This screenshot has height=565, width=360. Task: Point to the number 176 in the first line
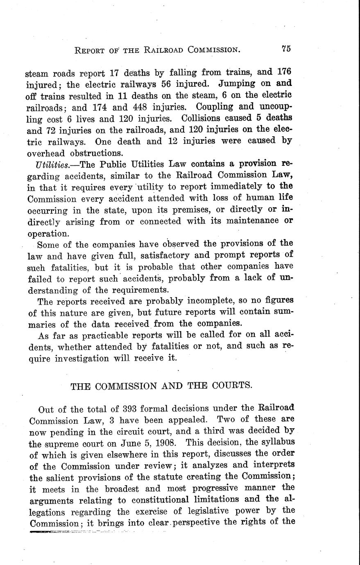tap(284, 72)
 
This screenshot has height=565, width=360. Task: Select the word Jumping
tap(239, 84)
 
